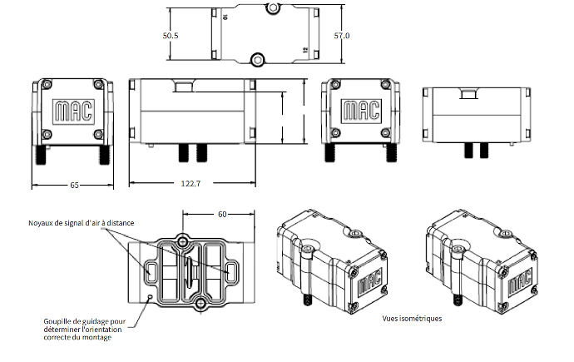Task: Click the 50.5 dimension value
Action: point(171,36)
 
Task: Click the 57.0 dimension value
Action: point(342,36)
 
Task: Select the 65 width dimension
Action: point(74,186)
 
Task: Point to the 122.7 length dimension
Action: point(191,183)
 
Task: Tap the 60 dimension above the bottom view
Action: point(222,214)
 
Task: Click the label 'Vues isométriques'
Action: point(412,319)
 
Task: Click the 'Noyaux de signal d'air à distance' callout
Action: point(82,223)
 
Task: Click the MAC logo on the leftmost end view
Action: point(73,112)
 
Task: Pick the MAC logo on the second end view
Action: point(361,111)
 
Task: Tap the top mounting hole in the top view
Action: point(272,7)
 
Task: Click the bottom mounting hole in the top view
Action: point(257,59)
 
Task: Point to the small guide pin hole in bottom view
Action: point(149,296)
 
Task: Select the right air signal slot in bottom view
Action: point(230,271)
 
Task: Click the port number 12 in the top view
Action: point(305,50)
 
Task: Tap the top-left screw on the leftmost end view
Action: point(47,85)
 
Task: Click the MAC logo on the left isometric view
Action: point(369,281)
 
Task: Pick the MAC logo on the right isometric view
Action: point(519,281)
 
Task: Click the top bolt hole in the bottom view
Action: point(183,241)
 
